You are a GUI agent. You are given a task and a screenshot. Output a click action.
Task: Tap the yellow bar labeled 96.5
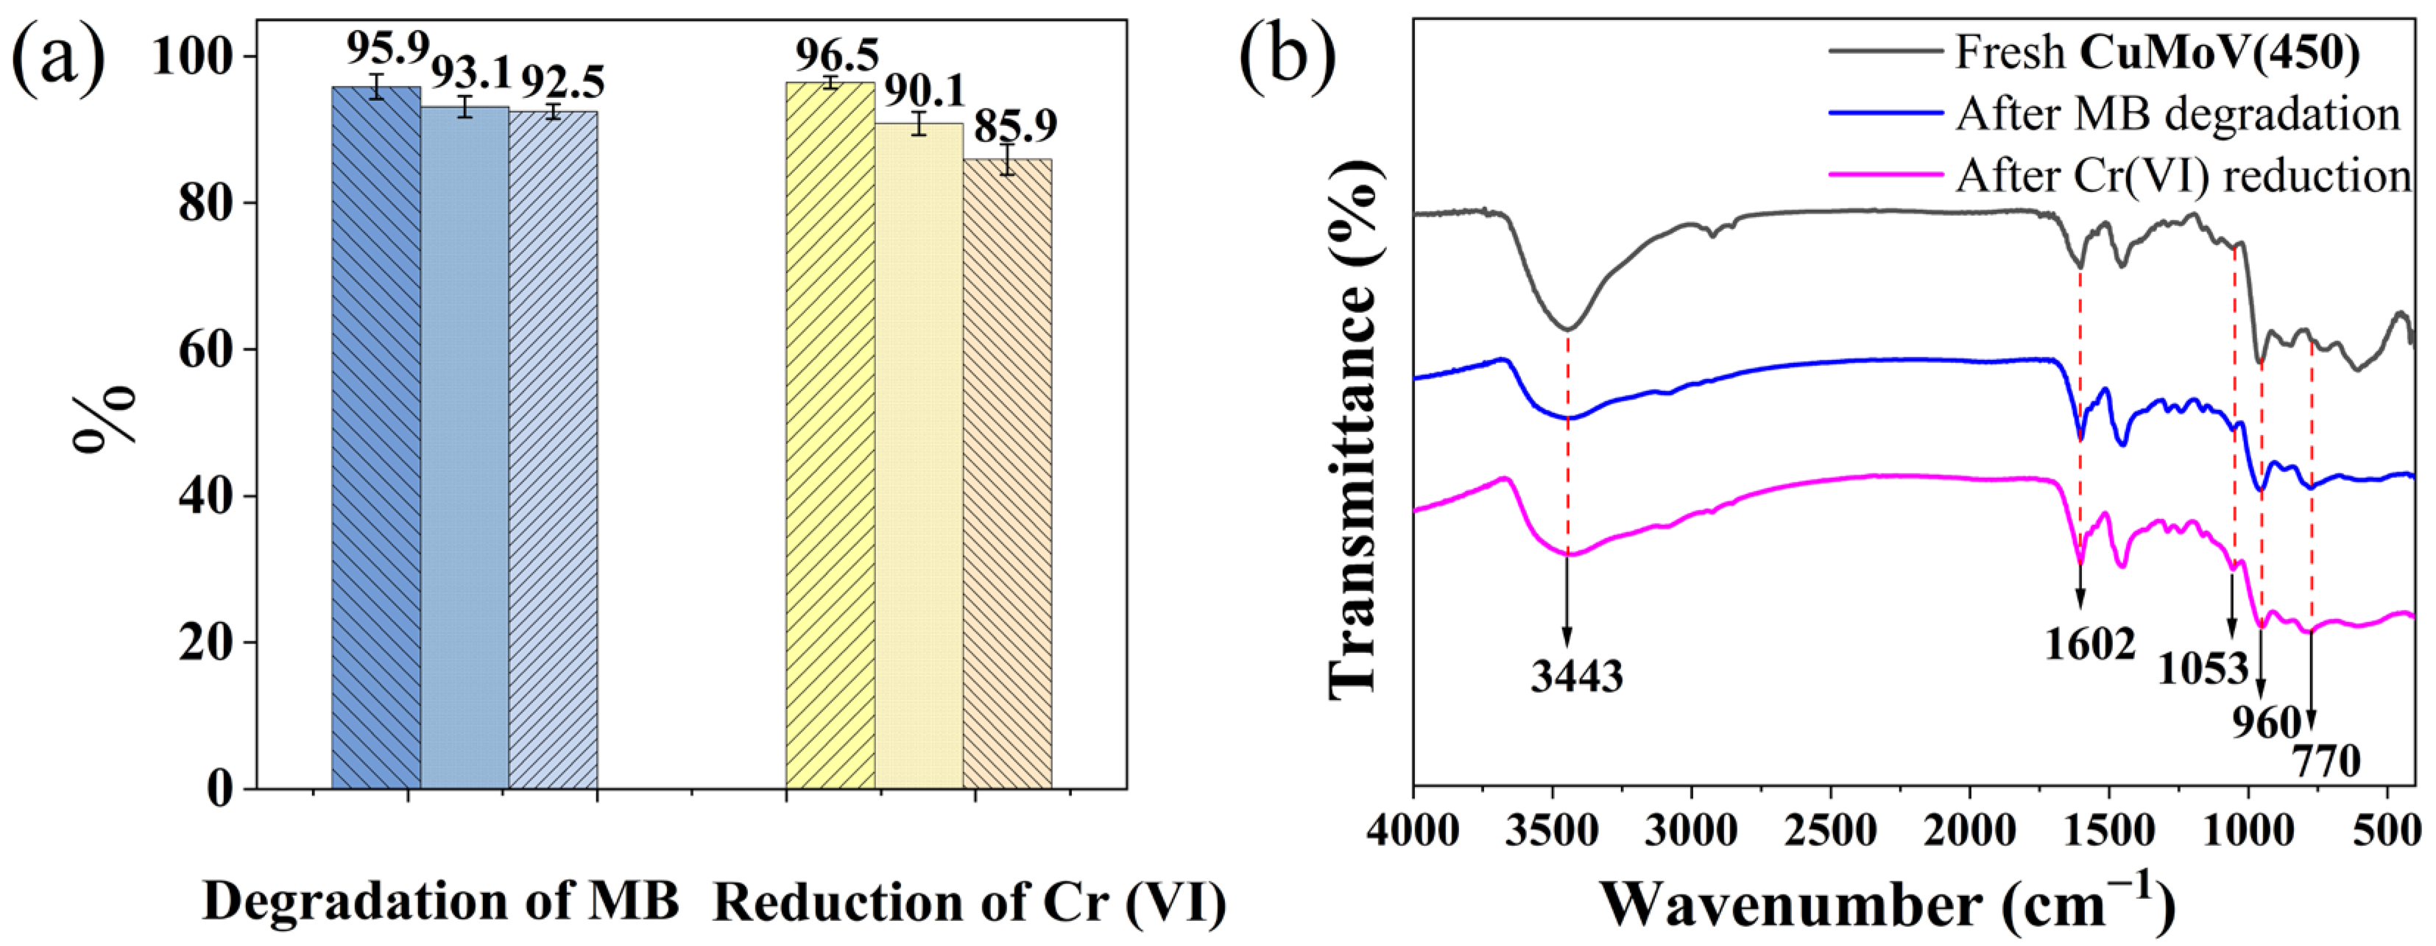coord(830,435)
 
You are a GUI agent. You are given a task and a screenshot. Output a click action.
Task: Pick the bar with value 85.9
coord(1007,473)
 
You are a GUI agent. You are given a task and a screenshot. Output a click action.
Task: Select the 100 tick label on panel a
coord(192,57)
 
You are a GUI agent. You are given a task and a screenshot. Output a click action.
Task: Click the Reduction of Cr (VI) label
coord(970,903)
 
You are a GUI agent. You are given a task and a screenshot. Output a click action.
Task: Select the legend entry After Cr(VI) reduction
coord(2183,176)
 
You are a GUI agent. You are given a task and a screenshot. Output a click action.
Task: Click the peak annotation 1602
coord(2090,645)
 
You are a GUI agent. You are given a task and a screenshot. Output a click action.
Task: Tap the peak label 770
coord(2326,760)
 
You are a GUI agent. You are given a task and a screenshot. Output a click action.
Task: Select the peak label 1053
coord(2203,668)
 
